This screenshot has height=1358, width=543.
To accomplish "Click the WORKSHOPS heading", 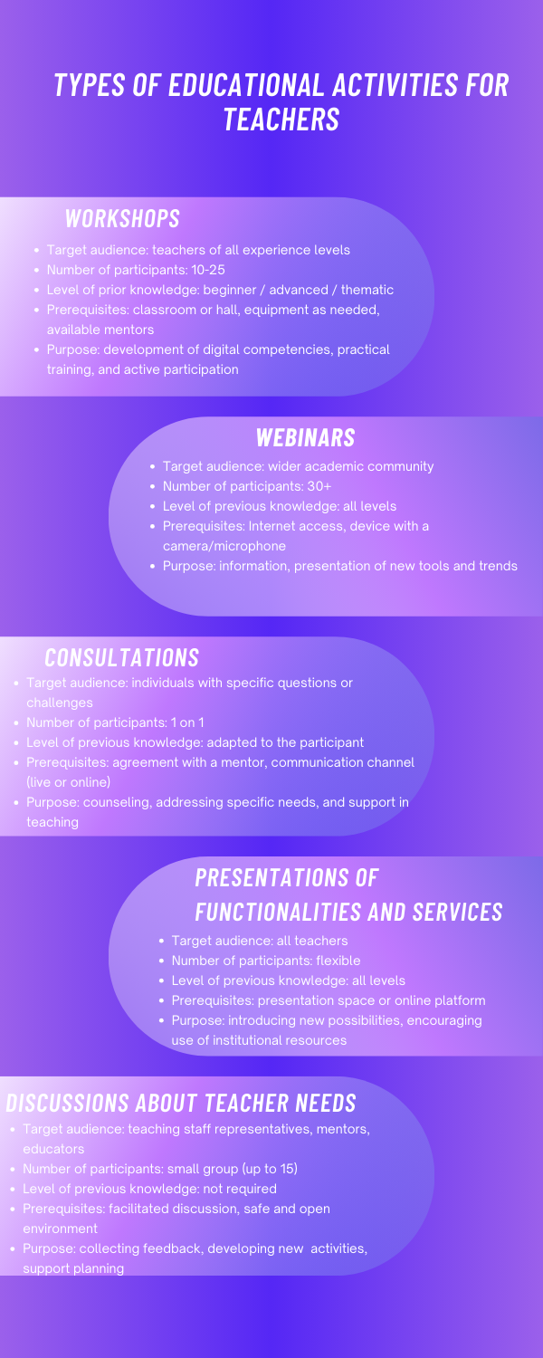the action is (x=122, y=218).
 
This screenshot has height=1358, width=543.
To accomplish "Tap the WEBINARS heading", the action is (x=306, y=437).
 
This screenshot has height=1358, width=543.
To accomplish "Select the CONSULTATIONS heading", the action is (x=122, y=658).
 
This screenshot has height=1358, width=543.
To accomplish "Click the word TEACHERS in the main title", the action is (x=281, y=119).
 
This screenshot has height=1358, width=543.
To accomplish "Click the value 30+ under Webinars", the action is (x=319, y=486).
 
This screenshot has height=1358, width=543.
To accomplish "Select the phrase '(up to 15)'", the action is (x=270, y=1169).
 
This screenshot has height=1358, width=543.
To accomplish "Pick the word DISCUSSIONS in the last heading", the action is (x=67, y=1104).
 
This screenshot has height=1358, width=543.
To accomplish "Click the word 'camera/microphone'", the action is (x=224, y=546).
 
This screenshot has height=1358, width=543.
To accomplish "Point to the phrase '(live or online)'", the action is (x=69, y=782).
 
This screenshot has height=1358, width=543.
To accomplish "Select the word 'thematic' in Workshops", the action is (x=367, y=290).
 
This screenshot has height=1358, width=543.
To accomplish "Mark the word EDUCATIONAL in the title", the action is (x=246, y=85).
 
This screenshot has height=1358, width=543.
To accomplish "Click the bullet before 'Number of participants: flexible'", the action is (x=162, y=961).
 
